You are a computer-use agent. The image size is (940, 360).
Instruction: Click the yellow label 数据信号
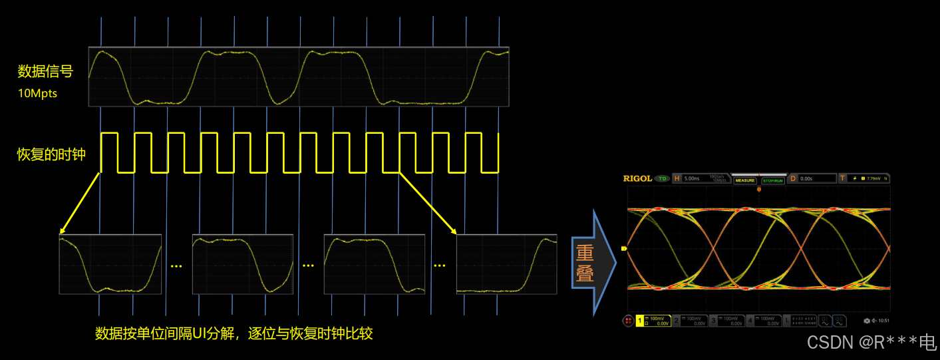(45, 71)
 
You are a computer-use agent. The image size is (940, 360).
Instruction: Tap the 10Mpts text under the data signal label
(37, 93)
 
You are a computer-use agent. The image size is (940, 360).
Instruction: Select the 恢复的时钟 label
(51, 154)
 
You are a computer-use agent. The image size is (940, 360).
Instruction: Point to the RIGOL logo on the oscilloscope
(637, 178)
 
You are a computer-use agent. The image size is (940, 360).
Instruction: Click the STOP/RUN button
(772, 180)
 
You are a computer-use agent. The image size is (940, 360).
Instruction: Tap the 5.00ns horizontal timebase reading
(693, 178)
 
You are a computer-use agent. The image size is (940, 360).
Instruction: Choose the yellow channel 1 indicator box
(653, 321)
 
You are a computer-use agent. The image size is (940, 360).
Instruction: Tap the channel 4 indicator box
(762, 321)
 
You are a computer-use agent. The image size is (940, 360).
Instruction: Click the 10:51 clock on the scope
(879, 321)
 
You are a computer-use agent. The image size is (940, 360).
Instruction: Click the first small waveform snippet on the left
(110, 264)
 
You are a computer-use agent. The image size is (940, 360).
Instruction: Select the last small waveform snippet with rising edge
(506, 264)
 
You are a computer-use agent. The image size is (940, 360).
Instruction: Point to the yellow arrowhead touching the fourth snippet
(454, 232)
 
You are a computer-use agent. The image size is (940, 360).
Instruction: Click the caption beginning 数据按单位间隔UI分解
(234, 333)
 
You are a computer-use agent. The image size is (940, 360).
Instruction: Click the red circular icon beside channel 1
(628, 321)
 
